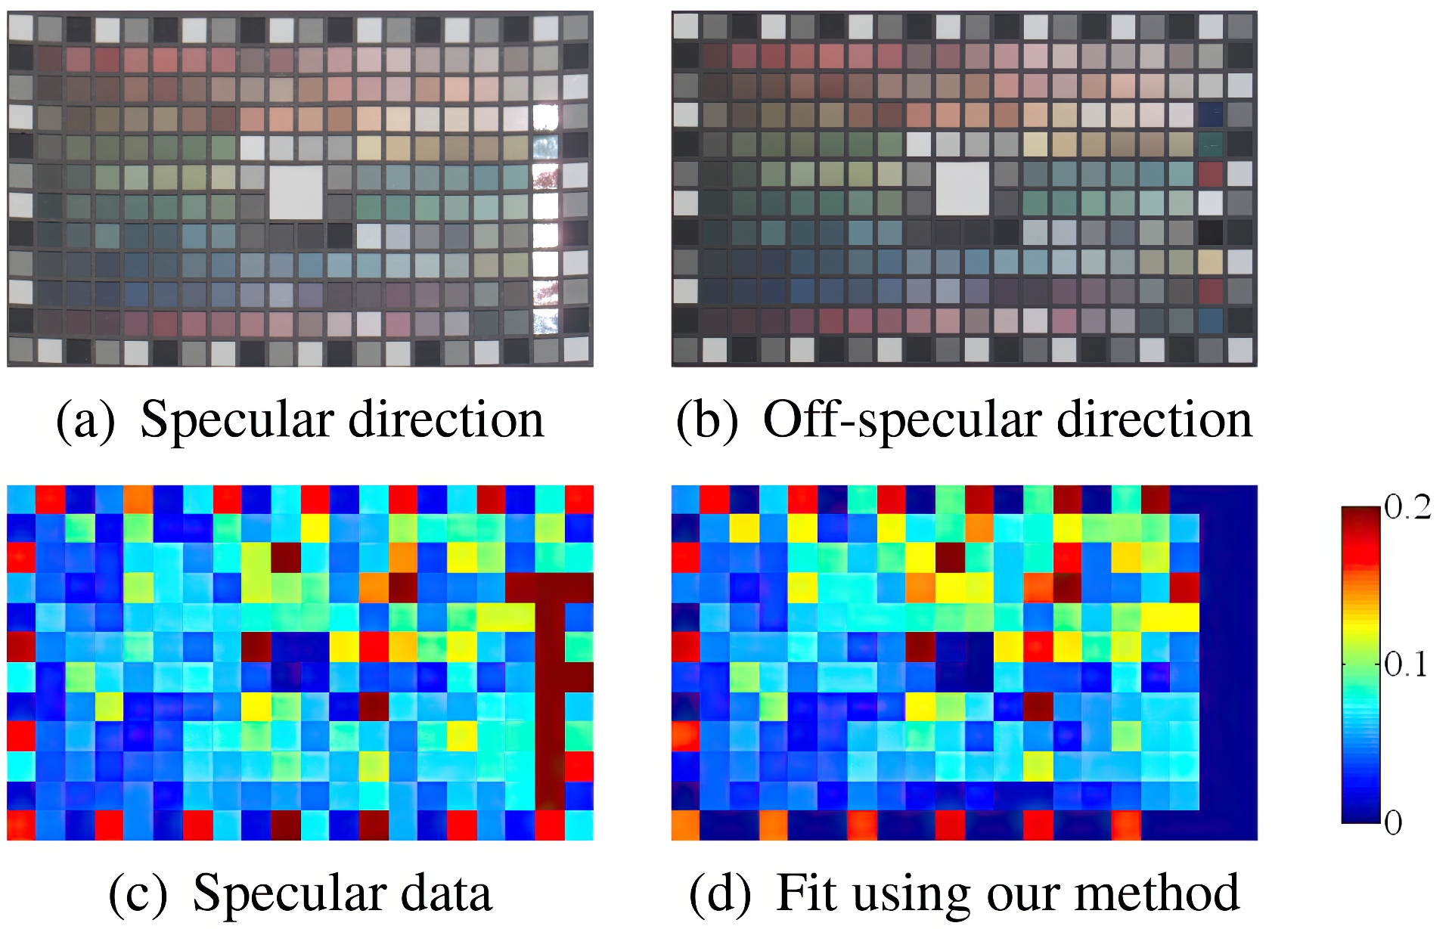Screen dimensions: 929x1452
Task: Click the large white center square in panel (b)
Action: tap(962, 188)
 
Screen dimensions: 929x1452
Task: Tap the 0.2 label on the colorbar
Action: tap(1407, 508)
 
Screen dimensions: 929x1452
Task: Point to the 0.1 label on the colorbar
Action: tap(1406, 664)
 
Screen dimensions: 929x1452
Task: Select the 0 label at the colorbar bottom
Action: tap(1393, 822)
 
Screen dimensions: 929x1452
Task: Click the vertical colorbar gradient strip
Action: tap(1360, 664)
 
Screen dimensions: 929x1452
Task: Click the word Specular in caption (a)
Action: tap(237, 420)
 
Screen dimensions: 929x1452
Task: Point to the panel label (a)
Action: tap(85, 421)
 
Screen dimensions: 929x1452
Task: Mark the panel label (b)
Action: tap(706, 421)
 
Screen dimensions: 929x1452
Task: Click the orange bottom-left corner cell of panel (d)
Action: tap(685, 825)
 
